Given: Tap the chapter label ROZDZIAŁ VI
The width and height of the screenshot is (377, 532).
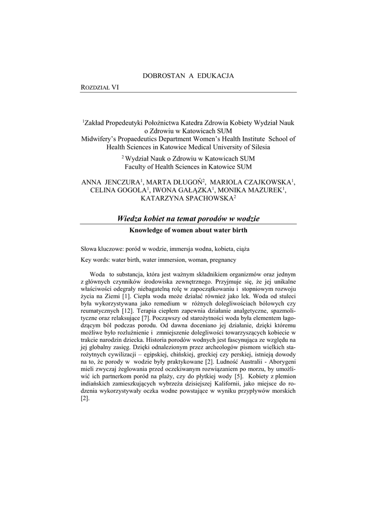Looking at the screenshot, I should (x=100, y=87).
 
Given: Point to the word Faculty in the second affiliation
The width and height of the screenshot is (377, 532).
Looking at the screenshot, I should (x=136, y=166).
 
